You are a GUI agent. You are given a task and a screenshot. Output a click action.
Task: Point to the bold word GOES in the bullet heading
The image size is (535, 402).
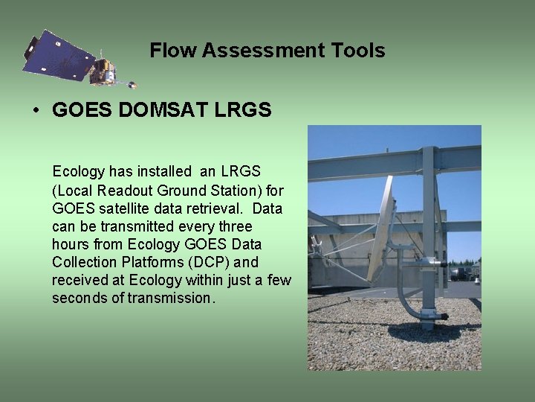point(82,109)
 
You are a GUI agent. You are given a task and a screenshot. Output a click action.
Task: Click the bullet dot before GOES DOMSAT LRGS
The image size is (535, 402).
point(36,110)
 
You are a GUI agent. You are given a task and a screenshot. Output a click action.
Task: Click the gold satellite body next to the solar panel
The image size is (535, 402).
point(102,71)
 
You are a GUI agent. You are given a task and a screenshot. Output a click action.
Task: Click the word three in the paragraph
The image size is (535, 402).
point(236,226)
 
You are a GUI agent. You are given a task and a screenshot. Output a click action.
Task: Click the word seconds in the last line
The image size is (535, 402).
point(80,298)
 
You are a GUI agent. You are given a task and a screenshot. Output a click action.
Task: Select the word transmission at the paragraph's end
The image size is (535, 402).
point(169,298)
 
